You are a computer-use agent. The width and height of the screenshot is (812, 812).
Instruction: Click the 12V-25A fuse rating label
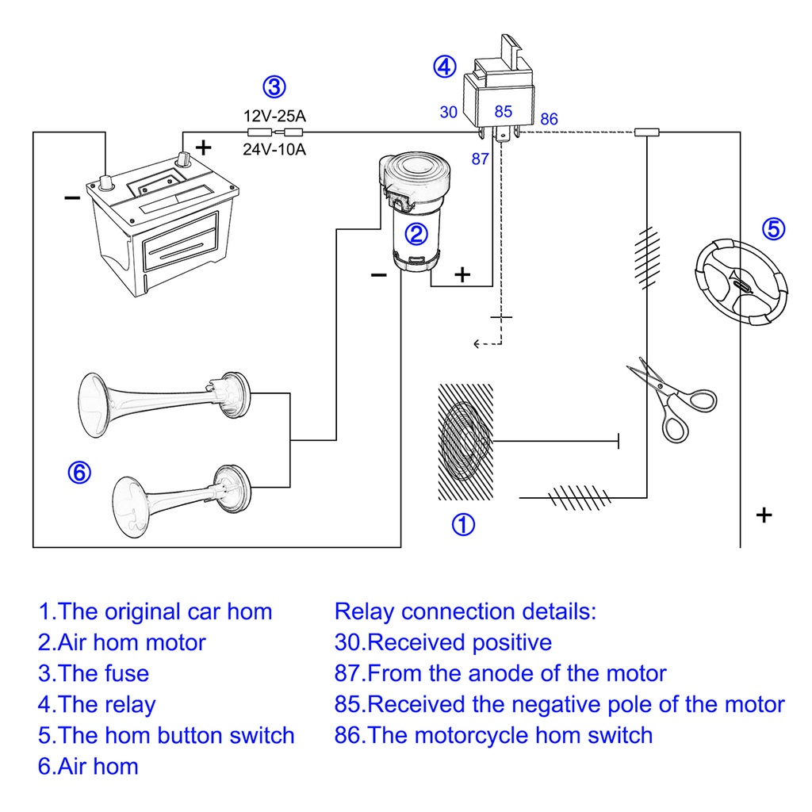click(274, 117)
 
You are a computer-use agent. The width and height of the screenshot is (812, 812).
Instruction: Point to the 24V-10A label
click(274, 148)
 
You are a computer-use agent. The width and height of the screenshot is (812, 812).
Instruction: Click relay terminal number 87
click(481, 159)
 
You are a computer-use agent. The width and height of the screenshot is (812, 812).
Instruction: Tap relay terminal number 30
click(449, 113)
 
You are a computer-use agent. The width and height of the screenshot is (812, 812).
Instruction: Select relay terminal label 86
click(549, 120)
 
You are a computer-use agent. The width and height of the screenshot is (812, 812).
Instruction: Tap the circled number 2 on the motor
click(417, 232)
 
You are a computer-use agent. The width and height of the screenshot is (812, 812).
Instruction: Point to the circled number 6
click(79, 473)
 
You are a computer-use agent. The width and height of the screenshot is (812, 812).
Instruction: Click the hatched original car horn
click(465, 442)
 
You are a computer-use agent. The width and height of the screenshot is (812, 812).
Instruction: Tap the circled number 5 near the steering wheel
click(774, 229)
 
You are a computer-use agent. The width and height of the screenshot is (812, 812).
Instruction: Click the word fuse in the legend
click(126, 674)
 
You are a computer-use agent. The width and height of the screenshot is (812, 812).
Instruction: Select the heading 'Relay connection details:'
click(465, 611)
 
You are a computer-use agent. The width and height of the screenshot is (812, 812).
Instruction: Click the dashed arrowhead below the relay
click(477, 343)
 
